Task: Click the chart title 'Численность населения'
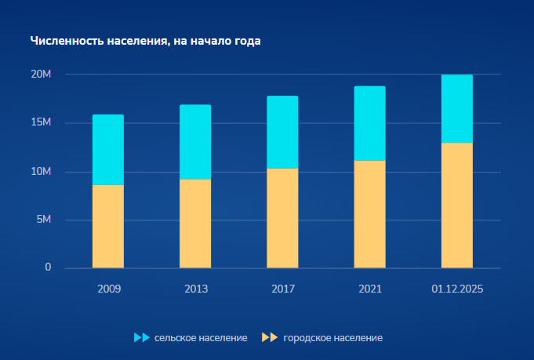(145, 41)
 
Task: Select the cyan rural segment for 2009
(108, 150)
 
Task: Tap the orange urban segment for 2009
(108, 226)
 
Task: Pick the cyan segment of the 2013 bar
(195, 142)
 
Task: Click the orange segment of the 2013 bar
(195, 224)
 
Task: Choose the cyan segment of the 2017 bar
(282, 132)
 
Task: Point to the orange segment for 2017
(282, 218)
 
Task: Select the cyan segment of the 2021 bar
(369, 123)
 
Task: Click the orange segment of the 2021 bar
(369, 214)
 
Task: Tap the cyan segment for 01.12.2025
(457, 108)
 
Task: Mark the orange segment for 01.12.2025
(457, 205)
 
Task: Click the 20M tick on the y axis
(41, 75)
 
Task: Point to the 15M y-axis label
(41, 123)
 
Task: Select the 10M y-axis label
(41, 172)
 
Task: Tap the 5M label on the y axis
(43, 220)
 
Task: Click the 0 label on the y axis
(48, 267)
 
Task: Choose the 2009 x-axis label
(109, 289)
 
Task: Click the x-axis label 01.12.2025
(457, 289)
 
